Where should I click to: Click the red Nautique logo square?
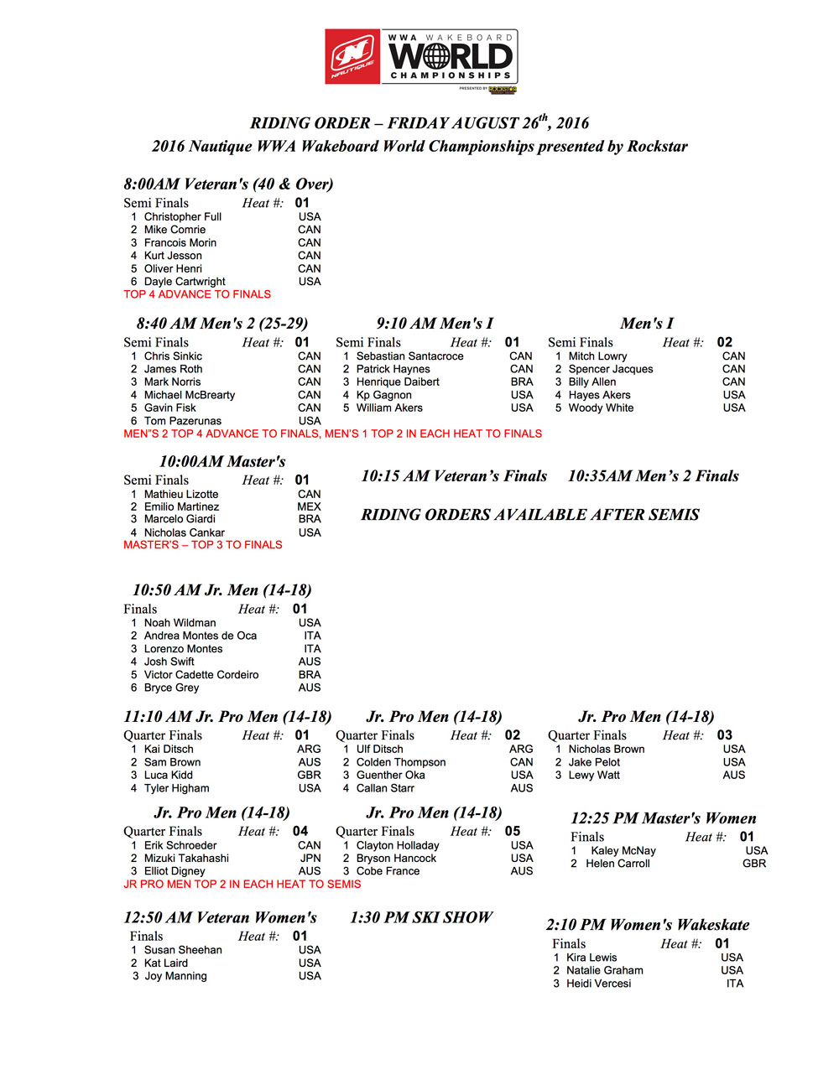click(x=352, y=56)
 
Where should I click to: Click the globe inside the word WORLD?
click(x=438, y=56)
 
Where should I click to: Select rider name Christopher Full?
click(x=182, y=216)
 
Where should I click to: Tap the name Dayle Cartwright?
click(x=185, y=282)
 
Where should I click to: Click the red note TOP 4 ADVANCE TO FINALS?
click(x=197, y=294)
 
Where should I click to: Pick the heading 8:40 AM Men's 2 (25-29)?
click(x=222, y=324)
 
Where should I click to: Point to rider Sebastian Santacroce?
click(x=409, y=356)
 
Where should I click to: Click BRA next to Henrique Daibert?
click(x=522, y=382)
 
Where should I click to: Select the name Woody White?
click(x=601, y=408)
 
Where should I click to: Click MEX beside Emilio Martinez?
click(x=309, y=506)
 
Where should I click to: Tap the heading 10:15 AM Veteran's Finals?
click(x=454, y=476)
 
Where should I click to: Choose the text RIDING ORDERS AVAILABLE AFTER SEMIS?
click(x=530, y=515)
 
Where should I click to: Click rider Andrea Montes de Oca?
click(x=201, y=636)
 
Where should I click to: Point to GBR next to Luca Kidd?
click(x=309, y=775)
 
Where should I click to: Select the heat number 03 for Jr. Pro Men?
click(x=724, y=735)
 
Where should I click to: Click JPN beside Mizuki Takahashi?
click(x=310, y=858)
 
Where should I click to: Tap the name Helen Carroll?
click(x=618, y=864)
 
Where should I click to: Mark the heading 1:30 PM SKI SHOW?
click(x=421, y=917)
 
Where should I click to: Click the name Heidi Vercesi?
click(x=598, y=984)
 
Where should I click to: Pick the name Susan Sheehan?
click(x=183, y=950)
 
